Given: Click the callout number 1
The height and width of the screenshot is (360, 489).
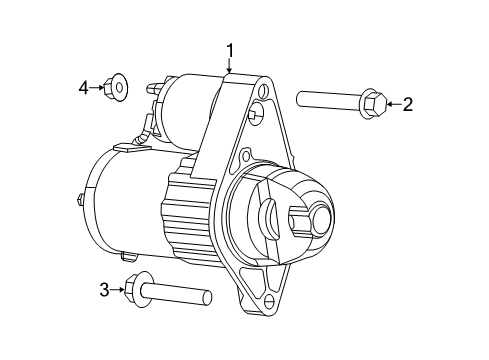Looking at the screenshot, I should coord(230,49).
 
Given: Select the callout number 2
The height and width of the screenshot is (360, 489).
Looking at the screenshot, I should coord(407,103).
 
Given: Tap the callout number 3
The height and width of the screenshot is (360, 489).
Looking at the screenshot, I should coord(103,290).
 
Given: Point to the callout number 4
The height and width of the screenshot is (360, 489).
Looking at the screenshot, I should coord(84,88).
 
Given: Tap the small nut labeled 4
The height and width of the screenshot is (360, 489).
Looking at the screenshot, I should coord(117,88).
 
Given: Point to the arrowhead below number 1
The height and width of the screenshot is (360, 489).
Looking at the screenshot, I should coord(230,72).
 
